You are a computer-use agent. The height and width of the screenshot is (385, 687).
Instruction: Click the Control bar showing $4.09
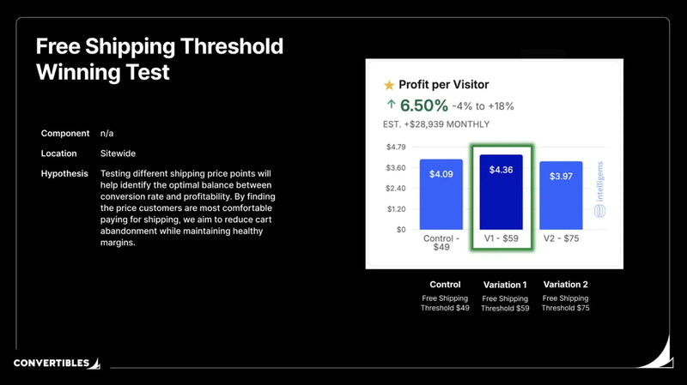click(441, 195)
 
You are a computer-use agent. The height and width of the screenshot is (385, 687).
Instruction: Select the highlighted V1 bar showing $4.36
click(502, 193)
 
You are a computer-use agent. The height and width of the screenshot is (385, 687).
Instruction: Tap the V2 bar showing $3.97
click(561, 196)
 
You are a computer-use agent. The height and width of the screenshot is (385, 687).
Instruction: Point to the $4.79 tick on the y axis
click(394, 147)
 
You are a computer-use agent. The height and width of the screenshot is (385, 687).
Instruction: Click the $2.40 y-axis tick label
click(394, 189)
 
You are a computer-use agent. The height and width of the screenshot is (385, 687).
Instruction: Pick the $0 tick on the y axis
click(399, 230)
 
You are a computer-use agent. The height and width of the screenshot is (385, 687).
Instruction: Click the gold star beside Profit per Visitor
click(389, 85)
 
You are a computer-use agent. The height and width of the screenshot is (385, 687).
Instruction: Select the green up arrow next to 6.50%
click(391, 105)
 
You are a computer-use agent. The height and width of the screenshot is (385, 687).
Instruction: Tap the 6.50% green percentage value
click(423, 105)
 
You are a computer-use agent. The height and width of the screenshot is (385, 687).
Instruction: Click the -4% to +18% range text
click(483, 107)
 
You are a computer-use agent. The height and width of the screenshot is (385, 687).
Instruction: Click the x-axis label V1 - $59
click(502, 238)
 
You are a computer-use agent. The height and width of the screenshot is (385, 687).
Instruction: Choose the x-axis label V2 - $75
click(561, 238)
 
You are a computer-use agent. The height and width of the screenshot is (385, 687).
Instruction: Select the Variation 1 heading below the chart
click(505, 285)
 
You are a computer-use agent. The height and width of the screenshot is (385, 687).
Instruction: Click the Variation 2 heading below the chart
click(565, 285)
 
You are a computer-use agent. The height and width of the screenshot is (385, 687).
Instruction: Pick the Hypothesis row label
click(64, 174)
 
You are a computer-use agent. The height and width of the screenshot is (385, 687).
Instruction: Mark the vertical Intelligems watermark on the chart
click(600, 189)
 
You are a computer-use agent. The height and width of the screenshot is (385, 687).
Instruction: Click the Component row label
click(65, 134)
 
